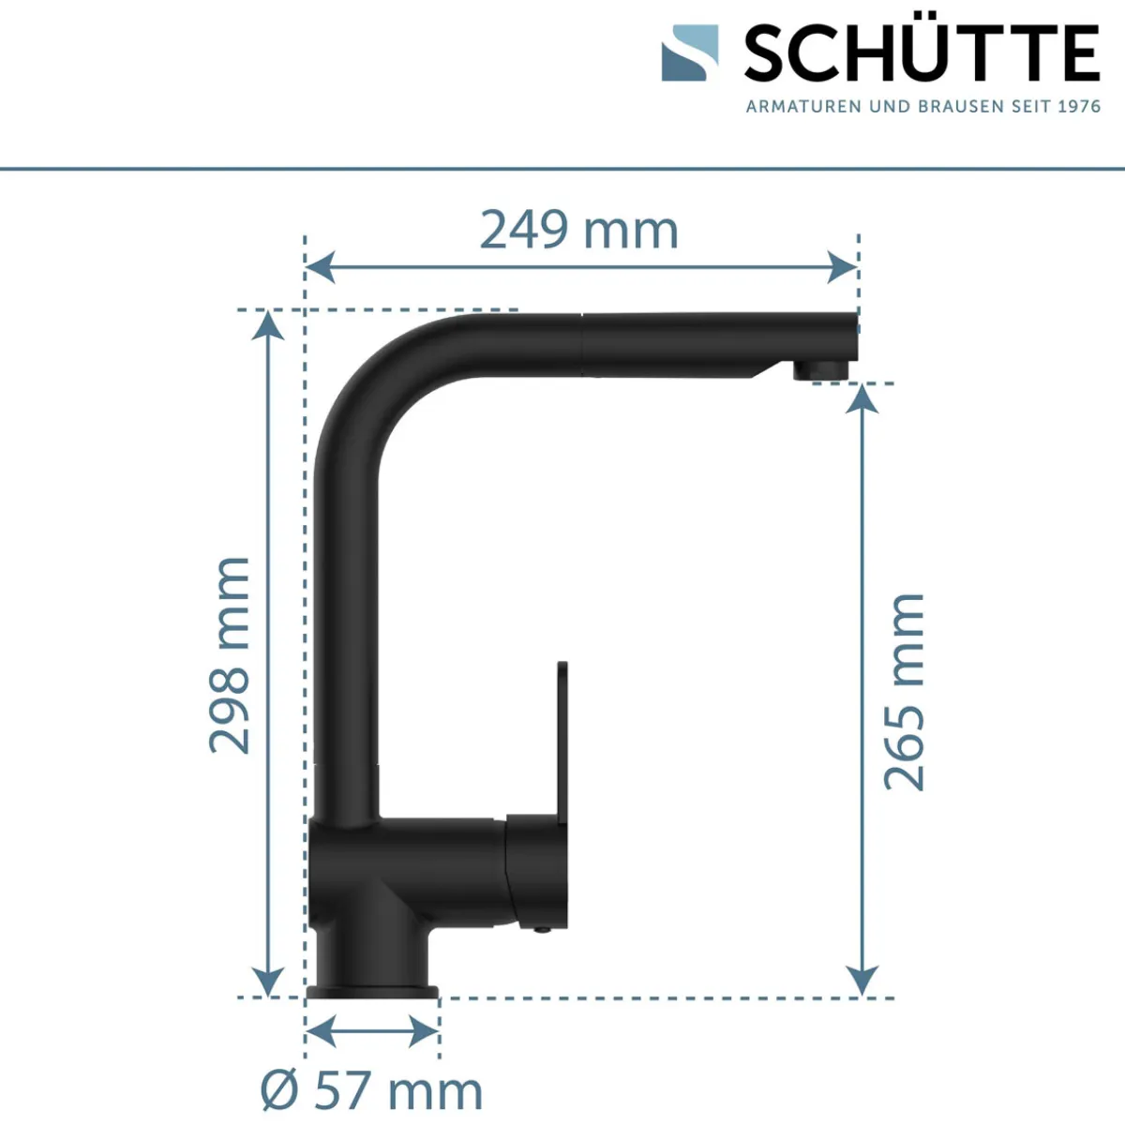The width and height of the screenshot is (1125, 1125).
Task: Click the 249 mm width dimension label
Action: point(578,230)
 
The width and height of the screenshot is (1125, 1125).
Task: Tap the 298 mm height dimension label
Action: point(230,655)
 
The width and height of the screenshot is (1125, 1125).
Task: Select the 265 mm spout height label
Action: point(905,693)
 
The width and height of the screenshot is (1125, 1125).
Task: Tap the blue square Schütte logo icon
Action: point(689,52)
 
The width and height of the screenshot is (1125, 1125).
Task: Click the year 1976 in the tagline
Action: point(1079,107)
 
